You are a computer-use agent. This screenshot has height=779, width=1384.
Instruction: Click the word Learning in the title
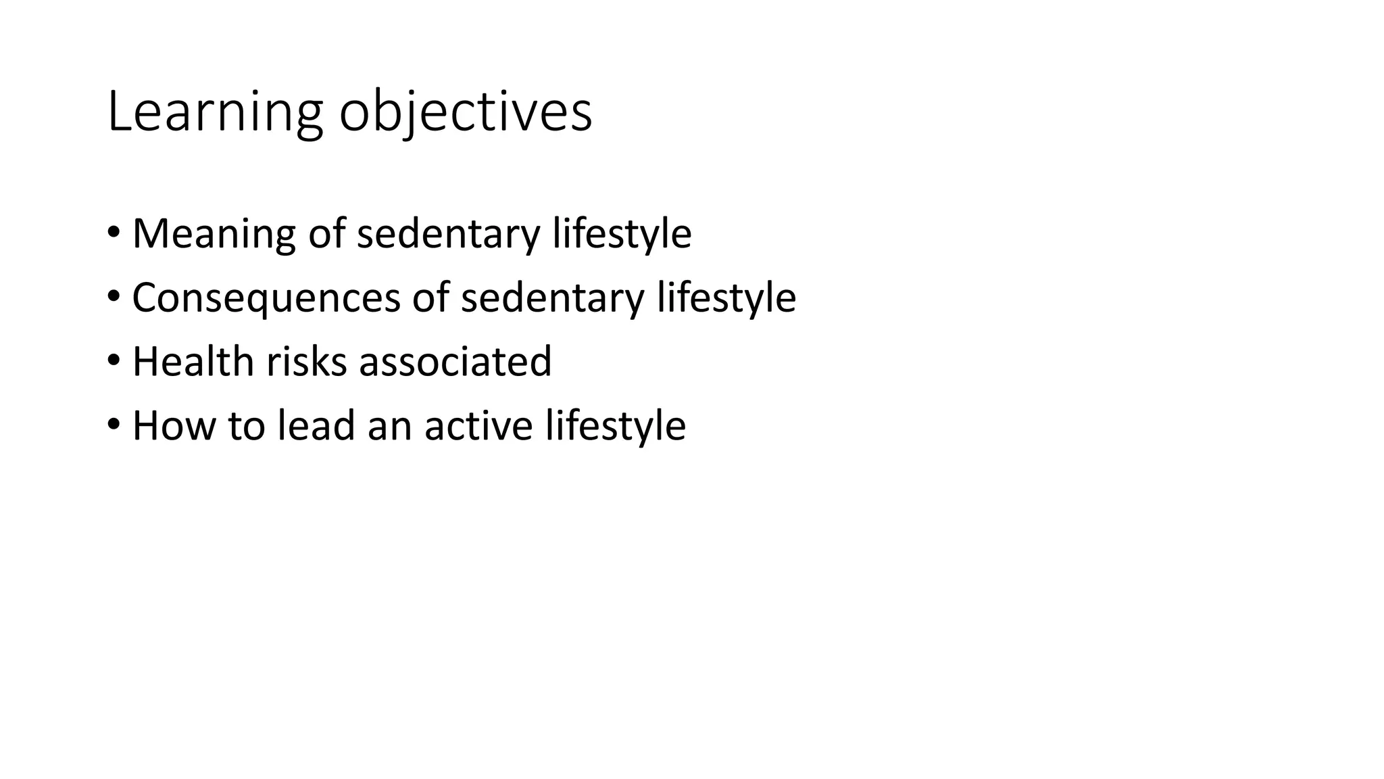(x=214, y=112)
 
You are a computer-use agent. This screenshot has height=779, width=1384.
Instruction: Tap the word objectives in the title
(x=465, y=112)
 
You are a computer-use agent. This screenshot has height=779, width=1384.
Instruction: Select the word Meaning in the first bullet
(x=214, y=234)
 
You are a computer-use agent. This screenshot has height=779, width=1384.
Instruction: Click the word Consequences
(x=266, y=298)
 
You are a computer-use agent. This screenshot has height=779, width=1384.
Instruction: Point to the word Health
(x=193, y=361)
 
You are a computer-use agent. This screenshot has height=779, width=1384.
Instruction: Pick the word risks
(x=306, y=361)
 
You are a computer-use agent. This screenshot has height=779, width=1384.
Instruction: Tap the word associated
(x=455, y=361)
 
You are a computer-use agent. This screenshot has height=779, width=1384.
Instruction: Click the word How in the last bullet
(x=173, y=425)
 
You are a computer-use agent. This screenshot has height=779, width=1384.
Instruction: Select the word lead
(x=316, y=425)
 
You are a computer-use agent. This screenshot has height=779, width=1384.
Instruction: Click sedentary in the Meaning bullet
(x=448, y=234)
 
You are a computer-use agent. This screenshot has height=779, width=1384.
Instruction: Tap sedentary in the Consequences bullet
(x=552, y=298)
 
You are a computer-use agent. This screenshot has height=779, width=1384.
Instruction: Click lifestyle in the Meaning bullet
(x=622, y=234)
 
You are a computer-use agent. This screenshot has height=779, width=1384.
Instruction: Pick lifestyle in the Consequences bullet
(x=726, y=298)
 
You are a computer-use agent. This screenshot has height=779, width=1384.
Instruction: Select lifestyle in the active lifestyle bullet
(x=616, y=425)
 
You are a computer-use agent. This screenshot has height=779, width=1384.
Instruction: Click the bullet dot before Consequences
(x=114, y=296)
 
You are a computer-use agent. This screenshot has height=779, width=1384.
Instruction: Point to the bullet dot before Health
(x=114, y=360)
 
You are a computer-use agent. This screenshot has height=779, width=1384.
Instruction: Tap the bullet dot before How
(x=114, y=424)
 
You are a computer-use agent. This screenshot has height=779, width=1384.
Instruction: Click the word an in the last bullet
(x=389, y=427)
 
